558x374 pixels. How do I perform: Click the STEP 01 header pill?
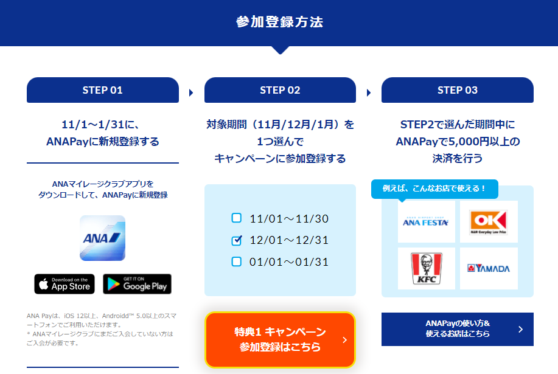click(x=102, y=90)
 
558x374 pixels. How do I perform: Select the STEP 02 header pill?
click(x=280, y=90)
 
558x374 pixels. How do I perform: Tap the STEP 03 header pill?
click(x=457, y=90)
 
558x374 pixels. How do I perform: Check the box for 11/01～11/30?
click(x=236, y=218)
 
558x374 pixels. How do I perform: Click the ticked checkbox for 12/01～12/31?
click(x=236, y=240)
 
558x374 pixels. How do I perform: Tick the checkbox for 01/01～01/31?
click(x=236, y=261)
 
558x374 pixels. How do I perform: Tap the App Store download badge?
click(x=65, y=284)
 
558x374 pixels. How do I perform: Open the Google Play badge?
click(x=137, y=284)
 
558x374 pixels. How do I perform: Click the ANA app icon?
click(x=102, y=238)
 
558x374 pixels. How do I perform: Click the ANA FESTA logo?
click(x=425, y=222)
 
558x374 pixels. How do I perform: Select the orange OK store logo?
click(x=489, y=222)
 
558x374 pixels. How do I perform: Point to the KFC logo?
click(x=427, y=268)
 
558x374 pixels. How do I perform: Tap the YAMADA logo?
click(x=489, y=268)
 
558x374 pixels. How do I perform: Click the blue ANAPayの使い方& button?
click(x=457, y=329)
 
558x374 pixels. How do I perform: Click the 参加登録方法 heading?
click(x=280, y=22)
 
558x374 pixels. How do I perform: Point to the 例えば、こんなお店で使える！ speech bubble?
click(x=434, y=189)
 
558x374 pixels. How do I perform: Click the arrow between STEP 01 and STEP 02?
click(x=191, y=93)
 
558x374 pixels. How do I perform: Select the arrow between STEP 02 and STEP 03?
click(x=369, y=93)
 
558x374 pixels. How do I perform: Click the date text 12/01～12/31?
click(x=289, y=240)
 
